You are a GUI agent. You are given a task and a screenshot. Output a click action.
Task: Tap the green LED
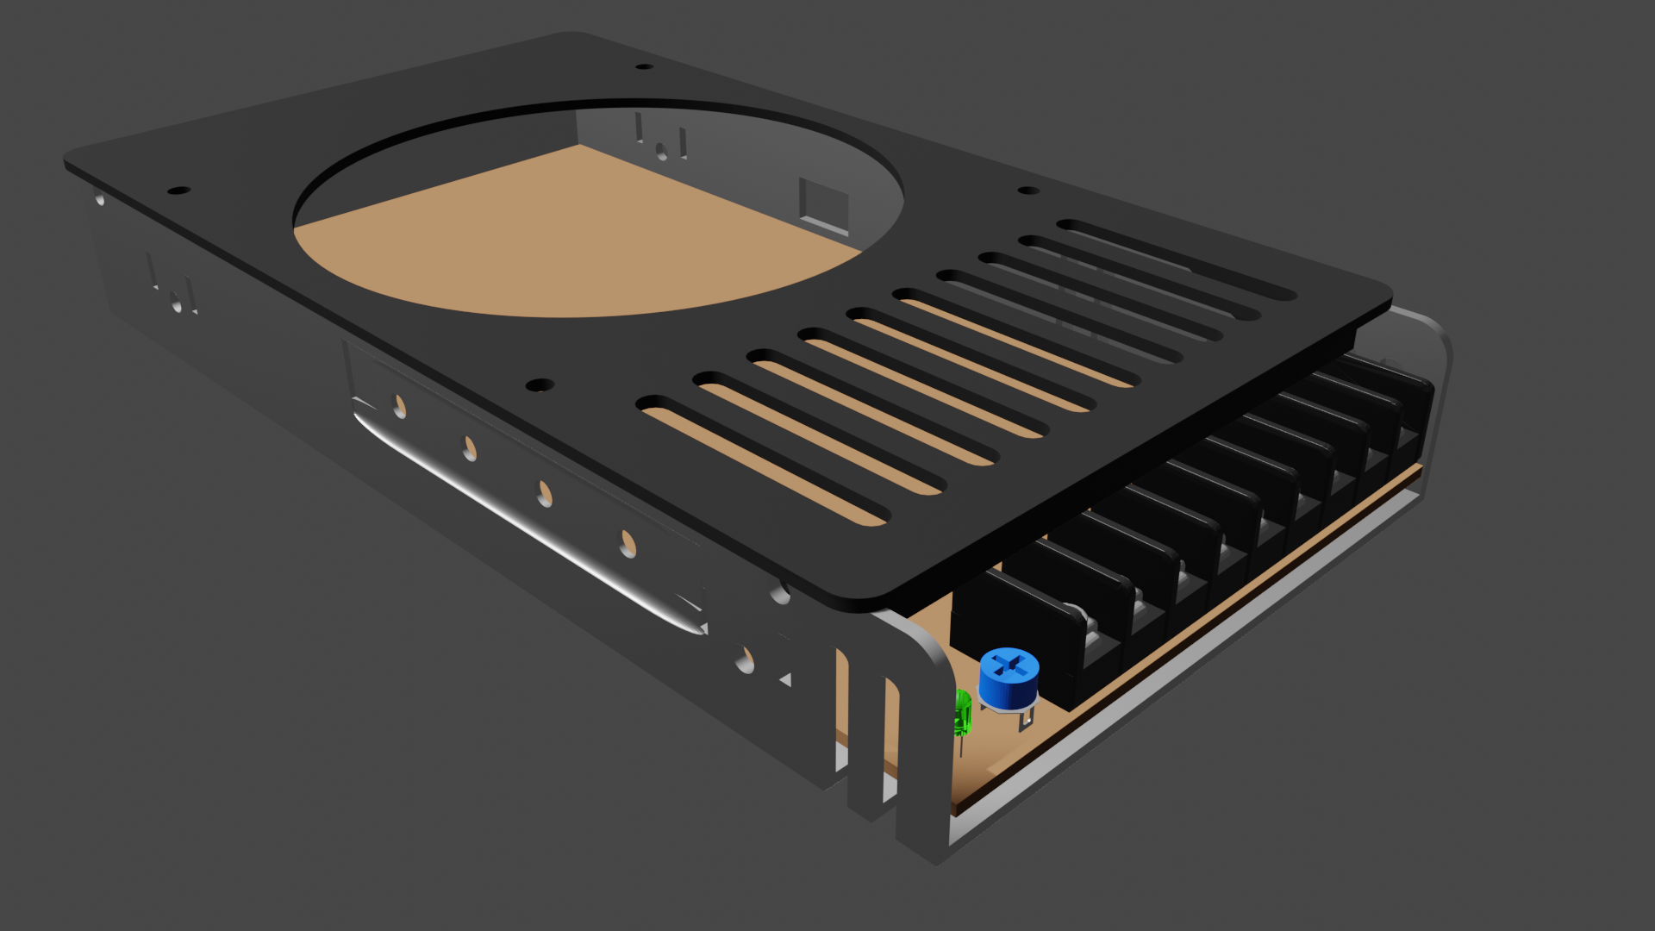(x=963, y=714)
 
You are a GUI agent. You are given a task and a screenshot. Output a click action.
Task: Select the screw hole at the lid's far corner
(x=644, y=66)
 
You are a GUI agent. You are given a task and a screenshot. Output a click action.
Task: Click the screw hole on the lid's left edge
(x=178, y=190)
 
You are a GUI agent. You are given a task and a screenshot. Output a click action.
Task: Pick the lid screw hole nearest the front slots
(x=540, y=384)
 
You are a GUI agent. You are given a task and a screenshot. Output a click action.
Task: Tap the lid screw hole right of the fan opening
(x=1027, y=191)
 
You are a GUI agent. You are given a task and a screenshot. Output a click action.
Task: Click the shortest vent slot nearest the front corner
(x=763, y=461)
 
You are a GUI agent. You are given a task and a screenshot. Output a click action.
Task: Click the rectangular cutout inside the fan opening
(x=823, y=205)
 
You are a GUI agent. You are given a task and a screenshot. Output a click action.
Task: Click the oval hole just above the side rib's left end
(x=399, y=406)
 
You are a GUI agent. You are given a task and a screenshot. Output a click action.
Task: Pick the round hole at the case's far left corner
(x=100, y=200)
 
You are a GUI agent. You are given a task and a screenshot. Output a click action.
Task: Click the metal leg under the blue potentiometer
(x=1026, y=718)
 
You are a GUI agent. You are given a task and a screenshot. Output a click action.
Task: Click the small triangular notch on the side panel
(x=785, y=680)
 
